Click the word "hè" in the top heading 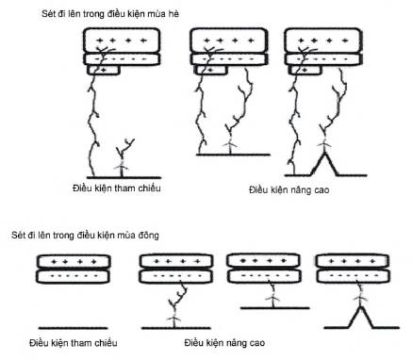[173, 14]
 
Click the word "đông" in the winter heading [148, 235]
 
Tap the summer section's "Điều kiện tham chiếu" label [116, 188]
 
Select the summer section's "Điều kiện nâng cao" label [289, 189]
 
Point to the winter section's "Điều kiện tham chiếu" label [74, 342]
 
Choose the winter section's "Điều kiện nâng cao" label [224, 342]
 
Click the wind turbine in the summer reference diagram [121, 167]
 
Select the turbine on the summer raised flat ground [230, 145]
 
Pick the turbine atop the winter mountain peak [360, 299]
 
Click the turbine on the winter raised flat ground [273, 300]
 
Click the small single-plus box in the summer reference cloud [104, 70]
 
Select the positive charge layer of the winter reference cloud [74, 261]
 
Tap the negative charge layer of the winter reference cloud [74, 276]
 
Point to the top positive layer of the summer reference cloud [122, 41]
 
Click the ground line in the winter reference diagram [73, 328]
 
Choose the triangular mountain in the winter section [360, 318]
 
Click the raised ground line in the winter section [275, 308]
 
